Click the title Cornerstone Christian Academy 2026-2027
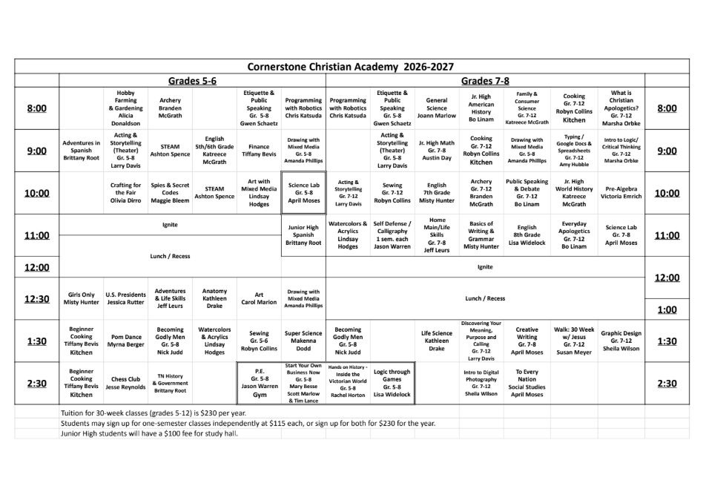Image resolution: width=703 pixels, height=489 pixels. pyautogui.click(x=351, y=66)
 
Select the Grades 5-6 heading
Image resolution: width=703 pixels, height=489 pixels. pyautogui.click(x=192, y=80)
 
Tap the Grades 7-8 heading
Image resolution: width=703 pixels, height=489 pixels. pyautogui.click(x=485, y=80)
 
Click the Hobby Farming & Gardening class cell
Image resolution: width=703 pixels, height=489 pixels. pyautogui.click(x=125, y=108)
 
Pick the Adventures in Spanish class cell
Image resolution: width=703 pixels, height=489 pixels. pyautogui.click(x=82, y=151)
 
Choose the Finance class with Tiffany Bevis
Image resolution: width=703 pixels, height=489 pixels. pyautogui.click(x=259, y=151)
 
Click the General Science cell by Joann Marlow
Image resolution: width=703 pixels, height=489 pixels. pyautogui.click(x=437, y=108)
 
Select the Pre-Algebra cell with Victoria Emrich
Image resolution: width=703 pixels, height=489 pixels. pyautogui.click(x=621, y=193)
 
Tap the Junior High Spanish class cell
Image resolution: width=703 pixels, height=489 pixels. pyautogui.click(x=303, y=235)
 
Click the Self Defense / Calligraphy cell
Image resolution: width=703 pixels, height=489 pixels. pyautogui.click(x=392, y=235)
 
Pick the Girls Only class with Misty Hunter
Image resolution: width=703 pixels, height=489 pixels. pyautogui.click(x=82, y=298)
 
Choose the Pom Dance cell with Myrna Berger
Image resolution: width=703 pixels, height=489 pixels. pyautogui.click(x=125, y=341)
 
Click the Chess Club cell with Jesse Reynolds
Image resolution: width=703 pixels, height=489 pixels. pyautogui.click(x=125, y=383)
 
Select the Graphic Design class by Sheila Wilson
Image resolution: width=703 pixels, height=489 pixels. pyautogui.click(x=621, y=341)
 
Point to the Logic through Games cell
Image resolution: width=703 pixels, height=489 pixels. pyautogui.click(x=392, y=383)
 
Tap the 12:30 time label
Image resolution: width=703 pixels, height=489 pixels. pyautogui.click(x=36, y=299)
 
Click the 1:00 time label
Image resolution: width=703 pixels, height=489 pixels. pyautogui.click(x=667, y=309)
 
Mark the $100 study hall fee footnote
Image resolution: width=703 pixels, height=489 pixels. pyautogui.click(x=149, y=433)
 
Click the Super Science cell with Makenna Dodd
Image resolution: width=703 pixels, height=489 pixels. pyautogui.click(x=303, y=341)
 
